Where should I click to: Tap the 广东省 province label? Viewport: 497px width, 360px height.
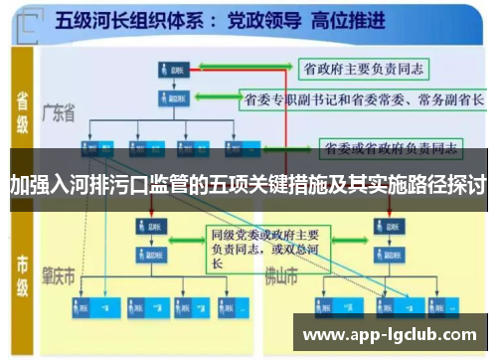[x=59, y=113]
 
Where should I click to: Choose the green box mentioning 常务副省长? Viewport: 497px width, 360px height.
[x=362, y=99]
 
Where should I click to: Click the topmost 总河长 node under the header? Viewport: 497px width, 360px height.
[x=174, y=71]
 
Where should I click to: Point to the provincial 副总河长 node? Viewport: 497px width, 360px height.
[x=174, y=98]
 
